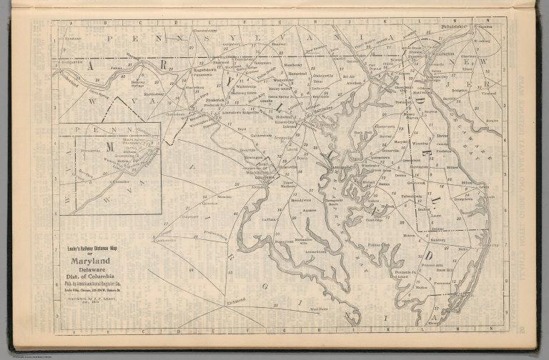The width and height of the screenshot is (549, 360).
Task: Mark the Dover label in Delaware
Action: tap(442, 134)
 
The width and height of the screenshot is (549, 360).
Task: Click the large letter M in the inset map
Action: tap(111, 146)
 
